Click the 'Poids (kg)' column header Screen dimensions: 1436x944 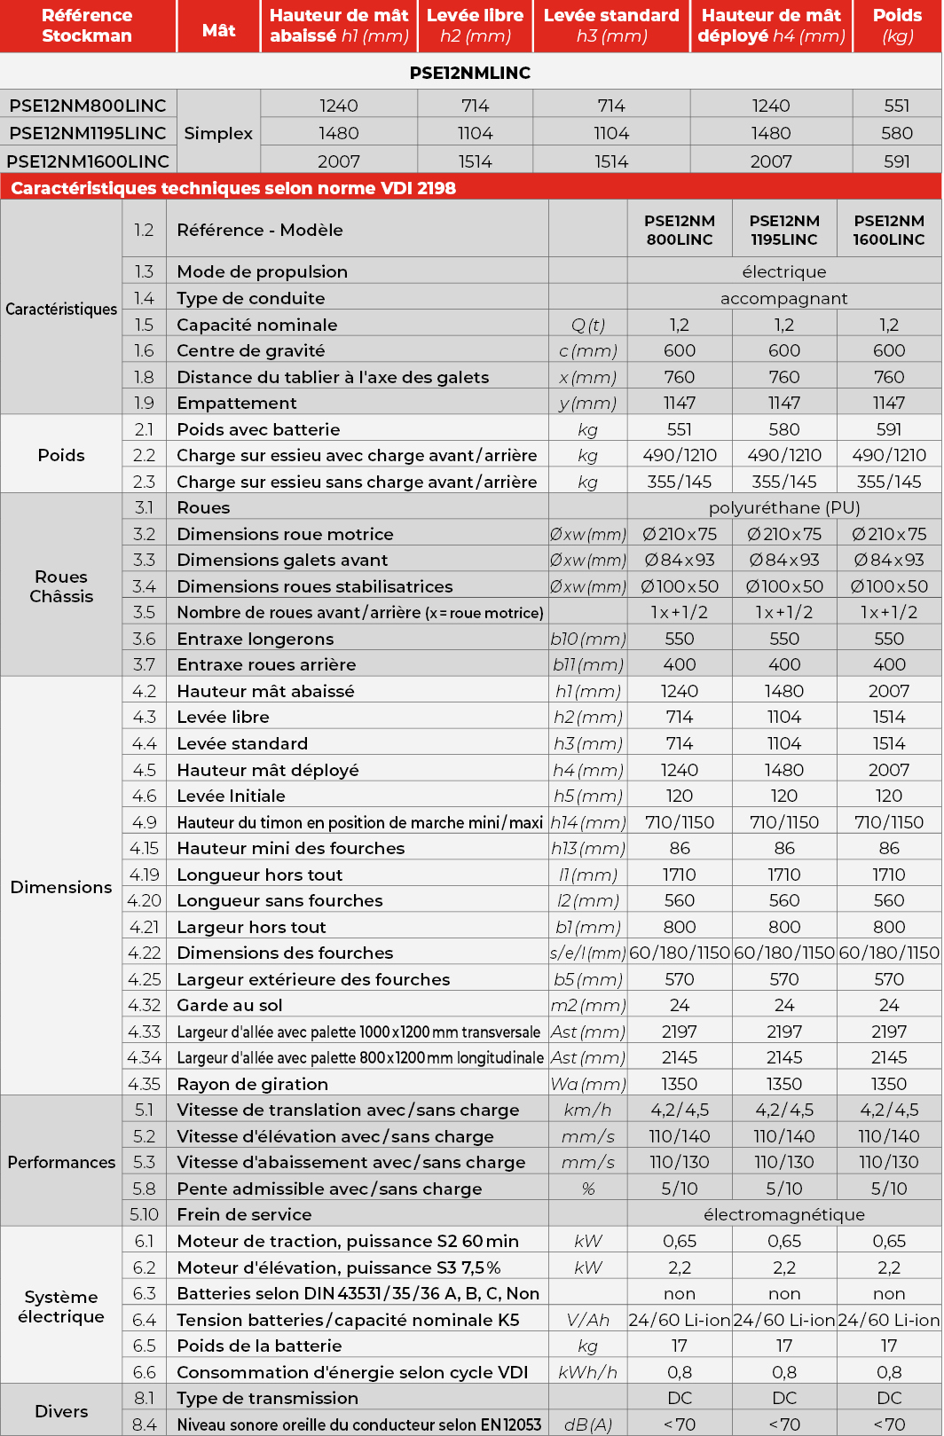point(897,26)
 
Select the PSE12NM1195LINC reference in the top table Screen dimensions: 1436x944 point(88,133)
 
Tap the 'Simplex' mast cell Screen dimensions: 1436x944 point(218,133)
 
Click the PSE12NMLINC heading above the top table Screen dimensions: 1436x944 point(470,73)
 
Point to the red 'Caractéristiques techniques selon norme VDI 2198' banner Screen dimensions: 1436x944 point(233,188)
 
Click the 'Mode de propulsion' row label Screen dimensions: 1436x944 point(262,271)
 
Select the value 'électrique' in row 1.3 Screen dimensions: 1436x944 point(783,271)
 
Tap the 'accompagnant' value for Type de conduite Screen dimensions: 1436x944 point(783,298)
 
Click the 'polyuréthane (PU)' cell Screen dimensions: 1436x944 point(783,507)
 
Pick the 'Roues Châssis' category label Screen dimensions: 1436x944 point(61,586)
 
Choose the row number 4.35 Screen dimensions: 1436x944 point(144,1084)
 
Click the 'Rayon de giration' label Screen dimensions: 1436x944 point(252,1084)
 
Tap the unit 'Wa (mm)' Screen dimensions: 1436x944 point(587,1084)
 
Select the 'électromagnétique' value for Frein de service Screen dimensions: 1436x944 point(783,1214)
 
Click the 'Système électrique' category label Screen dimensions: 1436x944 point(61,1307)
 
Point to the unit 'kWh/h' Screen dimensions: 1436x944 point(587,1372)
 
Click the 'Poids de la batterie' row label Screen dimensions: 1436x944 point(259,1346)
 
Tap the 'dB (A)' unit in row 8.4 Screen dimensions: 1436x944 point(587,1424)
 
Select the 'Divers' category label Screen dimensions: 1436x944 point(61,1411)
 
